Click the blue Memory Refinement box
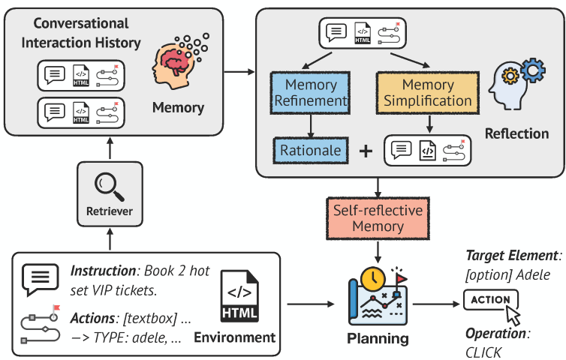click(310, 93)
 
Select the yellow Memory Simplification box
click(428, 93)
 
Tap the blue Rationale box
click(311, 151)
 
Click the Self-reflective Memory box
click(378, 218)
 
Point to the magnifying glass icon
click(109, 187)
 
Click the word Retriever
click(110, 211)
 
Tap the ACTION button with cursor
click(491, 300)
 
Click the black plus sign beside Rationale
click(366, 151)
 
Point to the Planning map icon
click(378, 296)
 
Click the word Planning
click(378, 339)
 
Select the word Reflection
click(516, 133)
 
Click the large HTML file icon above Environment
click(239, 296)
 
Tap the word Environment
click(235, 337)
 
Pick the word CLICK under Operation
click(483, 352)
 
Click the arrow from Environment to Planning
click(311, 304)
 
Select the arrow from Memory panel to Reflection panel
click(239, 72)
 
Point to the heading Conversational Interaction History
click(81, 33)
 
